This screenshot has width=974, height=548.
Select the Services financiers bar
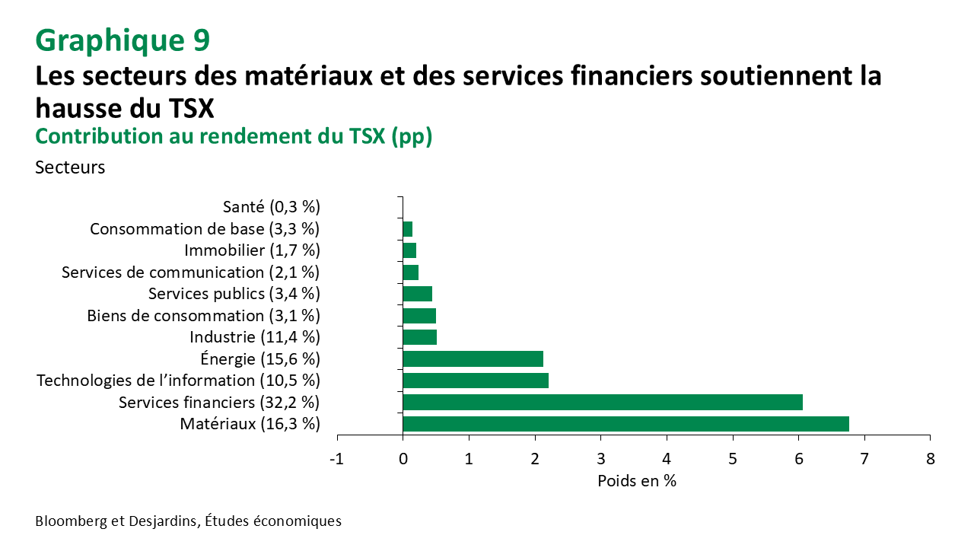(602, 402)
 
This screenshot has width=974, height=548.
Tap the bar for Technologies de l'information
(475, 381)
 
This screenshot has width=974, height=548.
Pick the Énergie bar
(473, 358)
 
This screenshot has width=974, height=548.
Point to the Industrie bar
(419, 337)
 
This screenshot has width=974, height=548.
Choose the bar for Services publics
(417, 294)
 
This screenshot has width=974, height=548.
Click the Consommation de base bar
(407, 228)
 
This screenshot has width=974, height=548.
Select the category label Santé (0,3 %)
(272, 206)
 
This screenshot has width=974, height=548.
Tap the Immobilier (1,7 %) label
(252, 250)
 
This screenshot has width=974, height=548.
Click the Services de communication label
(190, 272)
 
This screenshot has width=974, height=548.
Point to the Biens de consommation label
(203, 315)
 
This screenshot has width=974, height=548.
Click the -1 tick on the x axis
(336, 459)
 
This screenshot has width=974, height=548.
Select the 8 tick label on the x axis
(930, 459)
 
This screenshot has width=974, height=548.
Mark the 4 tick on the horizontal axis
(667, 459)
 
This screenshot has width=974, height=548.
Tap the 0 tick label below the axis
(403, 459)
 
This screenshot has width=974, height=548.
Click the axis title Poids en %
(636, 481)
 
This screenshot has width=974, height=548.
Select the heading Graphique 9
(122, 40)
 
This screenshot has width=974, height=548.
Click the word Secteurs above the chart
(70, 167)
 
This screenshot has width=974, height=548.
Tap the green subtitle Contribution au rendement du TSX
(234, 136)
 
